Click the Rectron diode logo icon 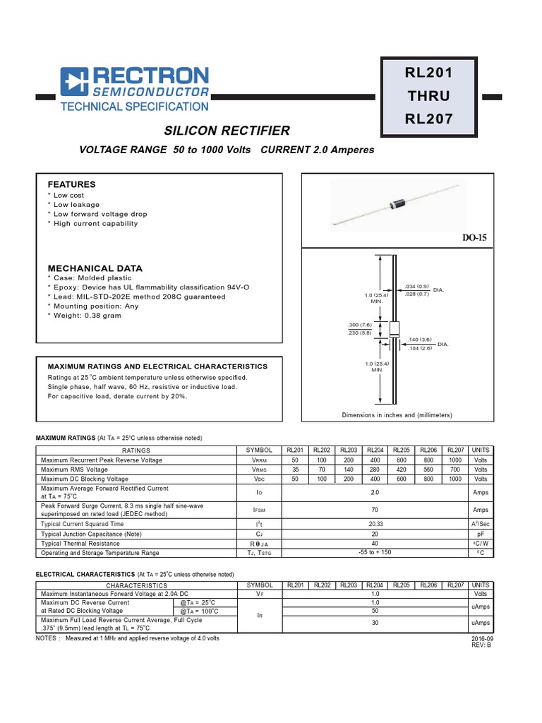coord(73,81)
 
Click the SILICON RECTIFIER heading coord(227,131)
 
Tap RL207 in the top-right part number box coord(428,119)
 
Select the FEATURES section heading coord(71,184)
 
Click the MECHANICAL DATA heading coord(95,268)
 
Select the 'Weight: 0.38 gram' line coord(87,316)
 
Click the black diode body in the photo coord(392,205)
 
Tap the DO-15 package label coord(475,238)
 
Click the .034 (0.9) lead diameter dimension coord(416,286)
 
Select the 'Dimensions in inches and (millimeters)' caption coord(397,415)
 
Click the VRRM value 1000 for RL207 coord(455,460)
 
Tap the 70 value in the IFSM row coord(375,509)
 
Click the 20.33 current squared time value coord(375,525)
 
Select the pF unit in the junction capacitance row coord(481,534)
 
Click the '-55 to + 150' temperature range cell coord(375,553)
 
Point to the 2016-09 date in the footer coord(481,639)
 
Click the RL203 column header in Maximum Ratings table coord(348,450)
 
